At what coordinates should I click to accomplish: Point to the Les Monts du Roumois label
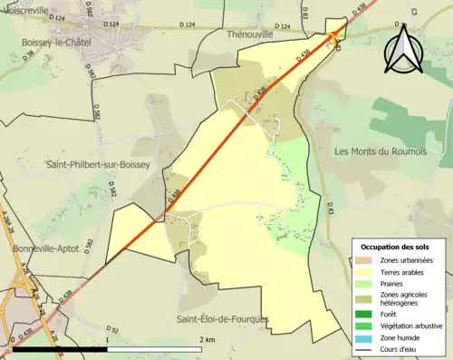click(x=381, y=151)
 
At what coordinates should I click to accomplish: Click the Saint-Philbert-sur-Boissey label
click(x=98, y=164)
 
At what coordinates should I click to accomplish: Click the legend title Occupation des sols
click(x=395, y=247)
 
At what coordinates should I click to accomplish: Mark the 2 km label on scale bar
click(x=207, y=339)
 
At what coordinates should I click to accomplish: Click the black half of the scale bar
click(x=58, y=348)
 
